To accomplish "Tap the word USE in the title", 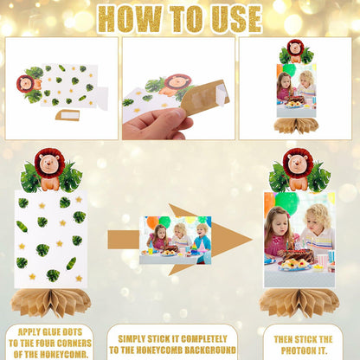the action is pyautogui.click(x=236, y=19).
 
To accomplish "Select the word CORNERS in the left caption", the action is pyautogui.click(x=73, y=344).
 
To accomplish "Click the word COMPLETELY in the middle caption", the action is pyautogui.click(x=203, y=339).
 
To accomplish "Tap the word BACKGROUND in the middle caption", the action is pyautogui.click(x=210, y=350).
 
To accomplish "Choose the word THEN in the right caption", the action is pyautogui.click(x=284, y=339).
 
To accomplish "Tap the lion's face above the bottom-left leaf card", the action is pyautogui.click(x=48, y=164).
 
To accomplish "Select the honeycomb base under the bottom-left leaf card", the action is pyautogui.click(x=50, y=302).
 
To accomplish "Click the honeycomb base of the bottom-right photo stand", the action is pyautogui.click(x=299, y=302).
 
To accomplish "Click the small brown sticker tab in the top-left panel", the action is pyautogui.click(x=67, y=115).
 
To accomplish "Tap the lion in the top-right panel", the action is pyautogui.click(x=295, y=51).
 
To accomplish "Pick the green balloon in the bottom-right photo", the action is pyautogui.click(x=286, y=202).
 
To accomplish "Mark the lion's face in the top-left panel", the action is pyautogui.click(x=26, y=83).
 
